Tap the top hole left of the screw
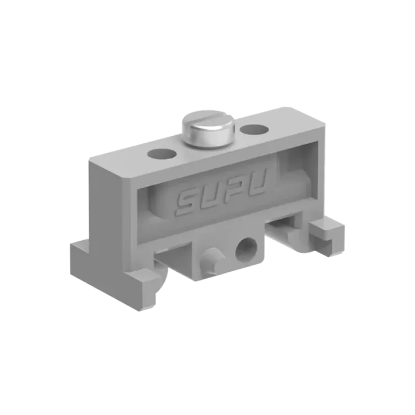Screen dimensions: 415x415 pos(162,154)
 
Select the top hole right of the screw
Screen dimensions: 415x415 pos(254,129)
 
